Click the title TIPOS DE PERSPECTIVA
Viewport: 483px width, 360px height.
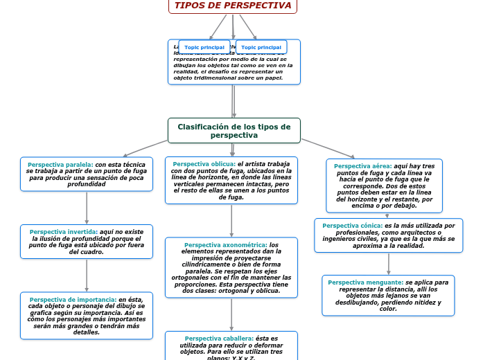pos(233,6)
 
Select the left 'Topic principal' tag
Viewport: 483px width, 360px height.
pos(204,47)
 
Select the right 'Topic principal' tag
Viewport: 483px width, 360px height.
pos(261,47)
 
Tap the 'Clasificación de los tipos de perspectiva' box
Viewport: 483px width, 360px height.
pos(234,130)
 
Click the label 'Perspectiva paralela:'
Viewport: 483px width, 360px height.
pos(60,165)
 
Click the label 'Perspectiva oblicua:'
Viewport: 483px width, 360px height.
pos(204,164)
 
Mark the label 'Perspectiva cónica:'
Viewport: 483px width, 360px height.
pos(352,226)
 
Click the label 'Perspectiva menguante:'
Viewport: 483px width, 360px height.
pos(365,282)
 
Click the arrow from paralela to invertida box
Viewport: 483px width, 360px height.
pos(87,207)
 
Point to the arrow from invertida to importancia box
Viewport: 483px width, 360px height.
pos(87,275)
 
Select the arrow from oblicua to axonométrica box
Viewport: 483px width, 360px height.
pos(231,220)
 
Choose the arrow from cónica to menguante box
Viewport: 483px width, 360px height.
pos(389,264)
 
